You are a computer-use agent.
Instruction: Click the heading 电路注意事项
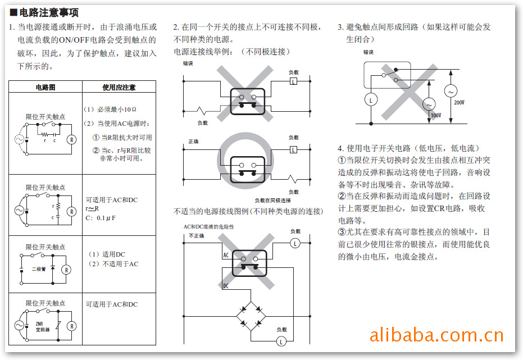(x=48, y=12)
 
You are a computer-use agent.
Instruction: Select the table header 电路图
(x=46, y=87)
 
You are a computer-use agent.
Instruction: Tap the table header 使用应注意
(x=119, y=87)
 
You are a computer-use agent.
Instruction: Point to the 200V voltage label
(x=460, y=103)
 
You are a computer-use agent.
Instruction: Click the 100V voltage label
(x=435, y=115)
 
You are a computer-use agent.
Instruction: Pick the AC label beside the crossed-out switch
(x=226, y=255)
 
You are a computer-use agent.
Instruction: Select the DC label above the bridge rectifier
(x=226, y=285)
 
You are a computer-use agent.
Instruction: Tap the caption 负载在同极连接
(x=272, y=200)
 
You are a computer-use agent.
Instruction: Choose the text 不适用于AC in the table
(x=113, y=263)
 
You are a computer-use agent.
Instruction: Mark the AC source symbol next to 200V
(x=451, y=90)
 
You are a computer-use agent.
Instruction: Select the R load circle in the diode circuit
(x=66, y=270)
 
